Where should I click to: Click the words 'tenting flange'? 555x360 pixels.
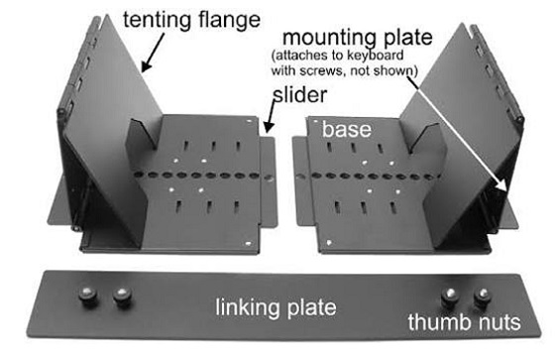191,20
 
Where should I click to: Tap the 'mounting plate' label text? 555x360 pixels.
358,38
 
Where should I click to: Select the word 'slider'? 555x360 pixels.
300,95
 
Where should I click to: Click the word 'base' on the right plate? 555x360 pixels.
347,129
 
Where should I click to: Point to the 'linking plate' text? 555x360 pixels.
277,307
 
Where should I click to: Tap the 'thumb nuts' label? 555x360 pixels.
464,322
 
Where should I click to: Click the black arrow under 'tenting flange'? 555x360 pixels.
153,53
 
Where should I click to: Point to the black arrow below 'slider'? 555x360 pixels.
270,116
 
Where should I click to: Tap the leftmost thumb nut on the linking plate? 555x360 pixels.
87,297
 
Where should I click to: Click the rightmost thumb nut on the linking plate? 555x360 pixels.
483,297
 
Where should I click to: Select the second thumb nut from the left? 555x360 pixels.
123,297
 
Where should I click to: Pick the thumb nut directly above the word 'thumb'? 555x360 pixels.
450,297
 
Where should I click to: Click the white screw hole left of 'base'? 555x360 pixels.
316,122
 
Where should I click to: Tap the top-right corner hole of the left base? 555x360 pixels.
249,121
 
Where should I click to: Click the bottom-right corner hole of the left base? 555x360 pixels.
248,244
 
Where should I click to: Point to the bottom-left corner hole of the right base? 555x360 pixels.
329,243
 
